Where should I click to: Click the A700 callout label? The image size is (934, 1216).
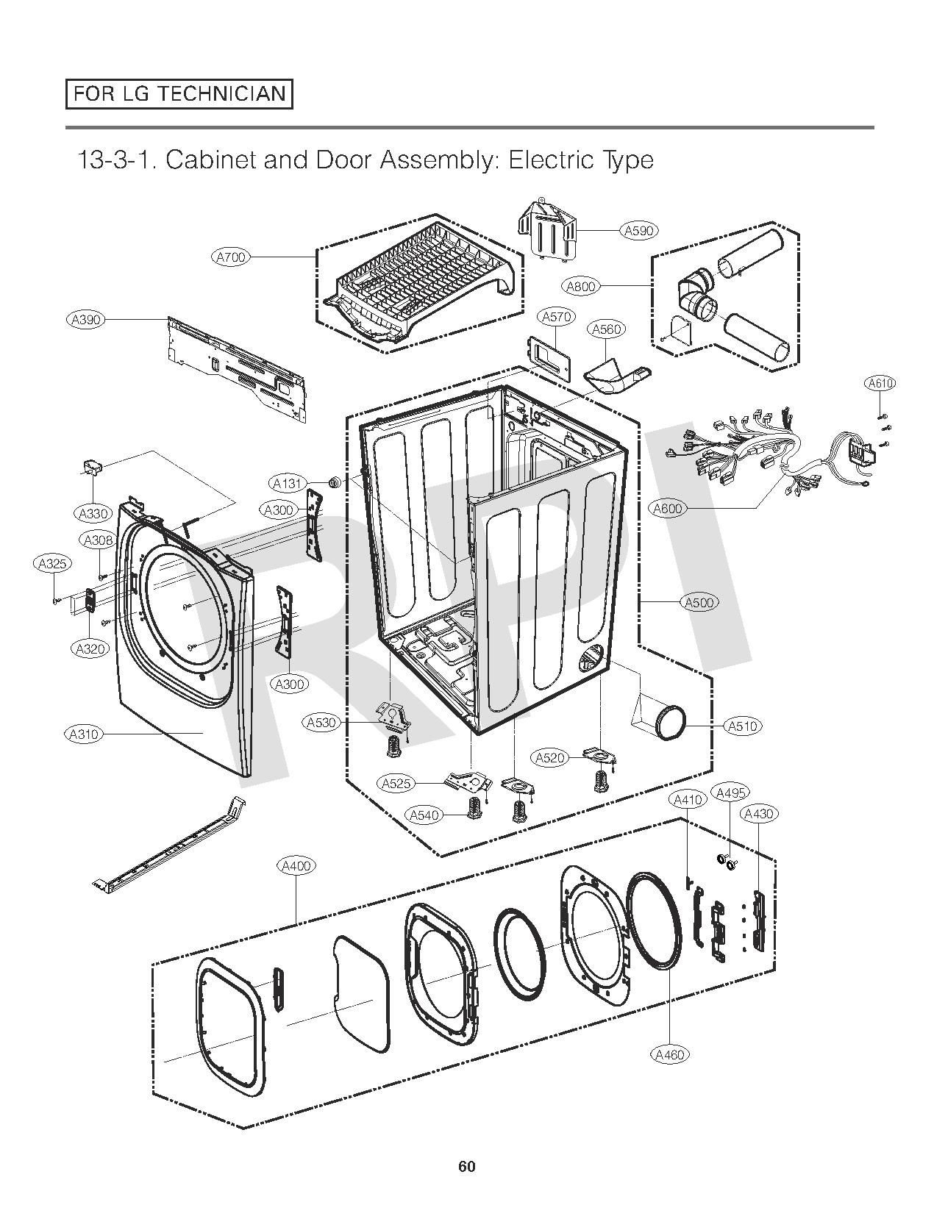tap(231, 257)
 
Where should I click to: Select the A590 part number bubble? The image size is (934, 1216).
tap(638, 231)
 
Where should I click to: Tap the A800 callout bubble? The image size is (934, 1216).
tap(581, 286)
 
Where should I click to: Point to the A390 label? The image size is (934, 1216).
tap(86, 320)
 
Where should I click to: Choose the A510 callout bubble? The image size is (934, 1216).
tap(742, 726)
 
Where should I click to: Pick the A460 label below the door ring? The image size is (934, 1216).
tap(670, 1054)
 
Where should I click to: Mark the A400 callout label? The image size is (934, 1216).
tap(296, 866)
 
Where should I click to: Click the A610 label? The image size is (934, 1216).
tap(880, 383)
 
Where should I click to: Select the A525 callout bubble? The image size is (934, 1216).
tap(396, 784)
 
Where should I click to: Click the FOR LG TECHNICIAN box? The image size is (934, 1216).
tap(179, 94)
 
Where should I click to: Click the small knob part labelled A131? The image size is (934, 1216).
tap(334, 482)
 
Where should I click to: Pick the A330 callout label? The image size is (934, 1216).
tap(93, 514)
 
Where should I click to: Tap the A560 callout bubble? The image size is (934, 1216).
tap(607, 329)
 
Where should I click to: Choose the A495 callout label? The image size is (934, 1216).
tap(731, 793)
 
